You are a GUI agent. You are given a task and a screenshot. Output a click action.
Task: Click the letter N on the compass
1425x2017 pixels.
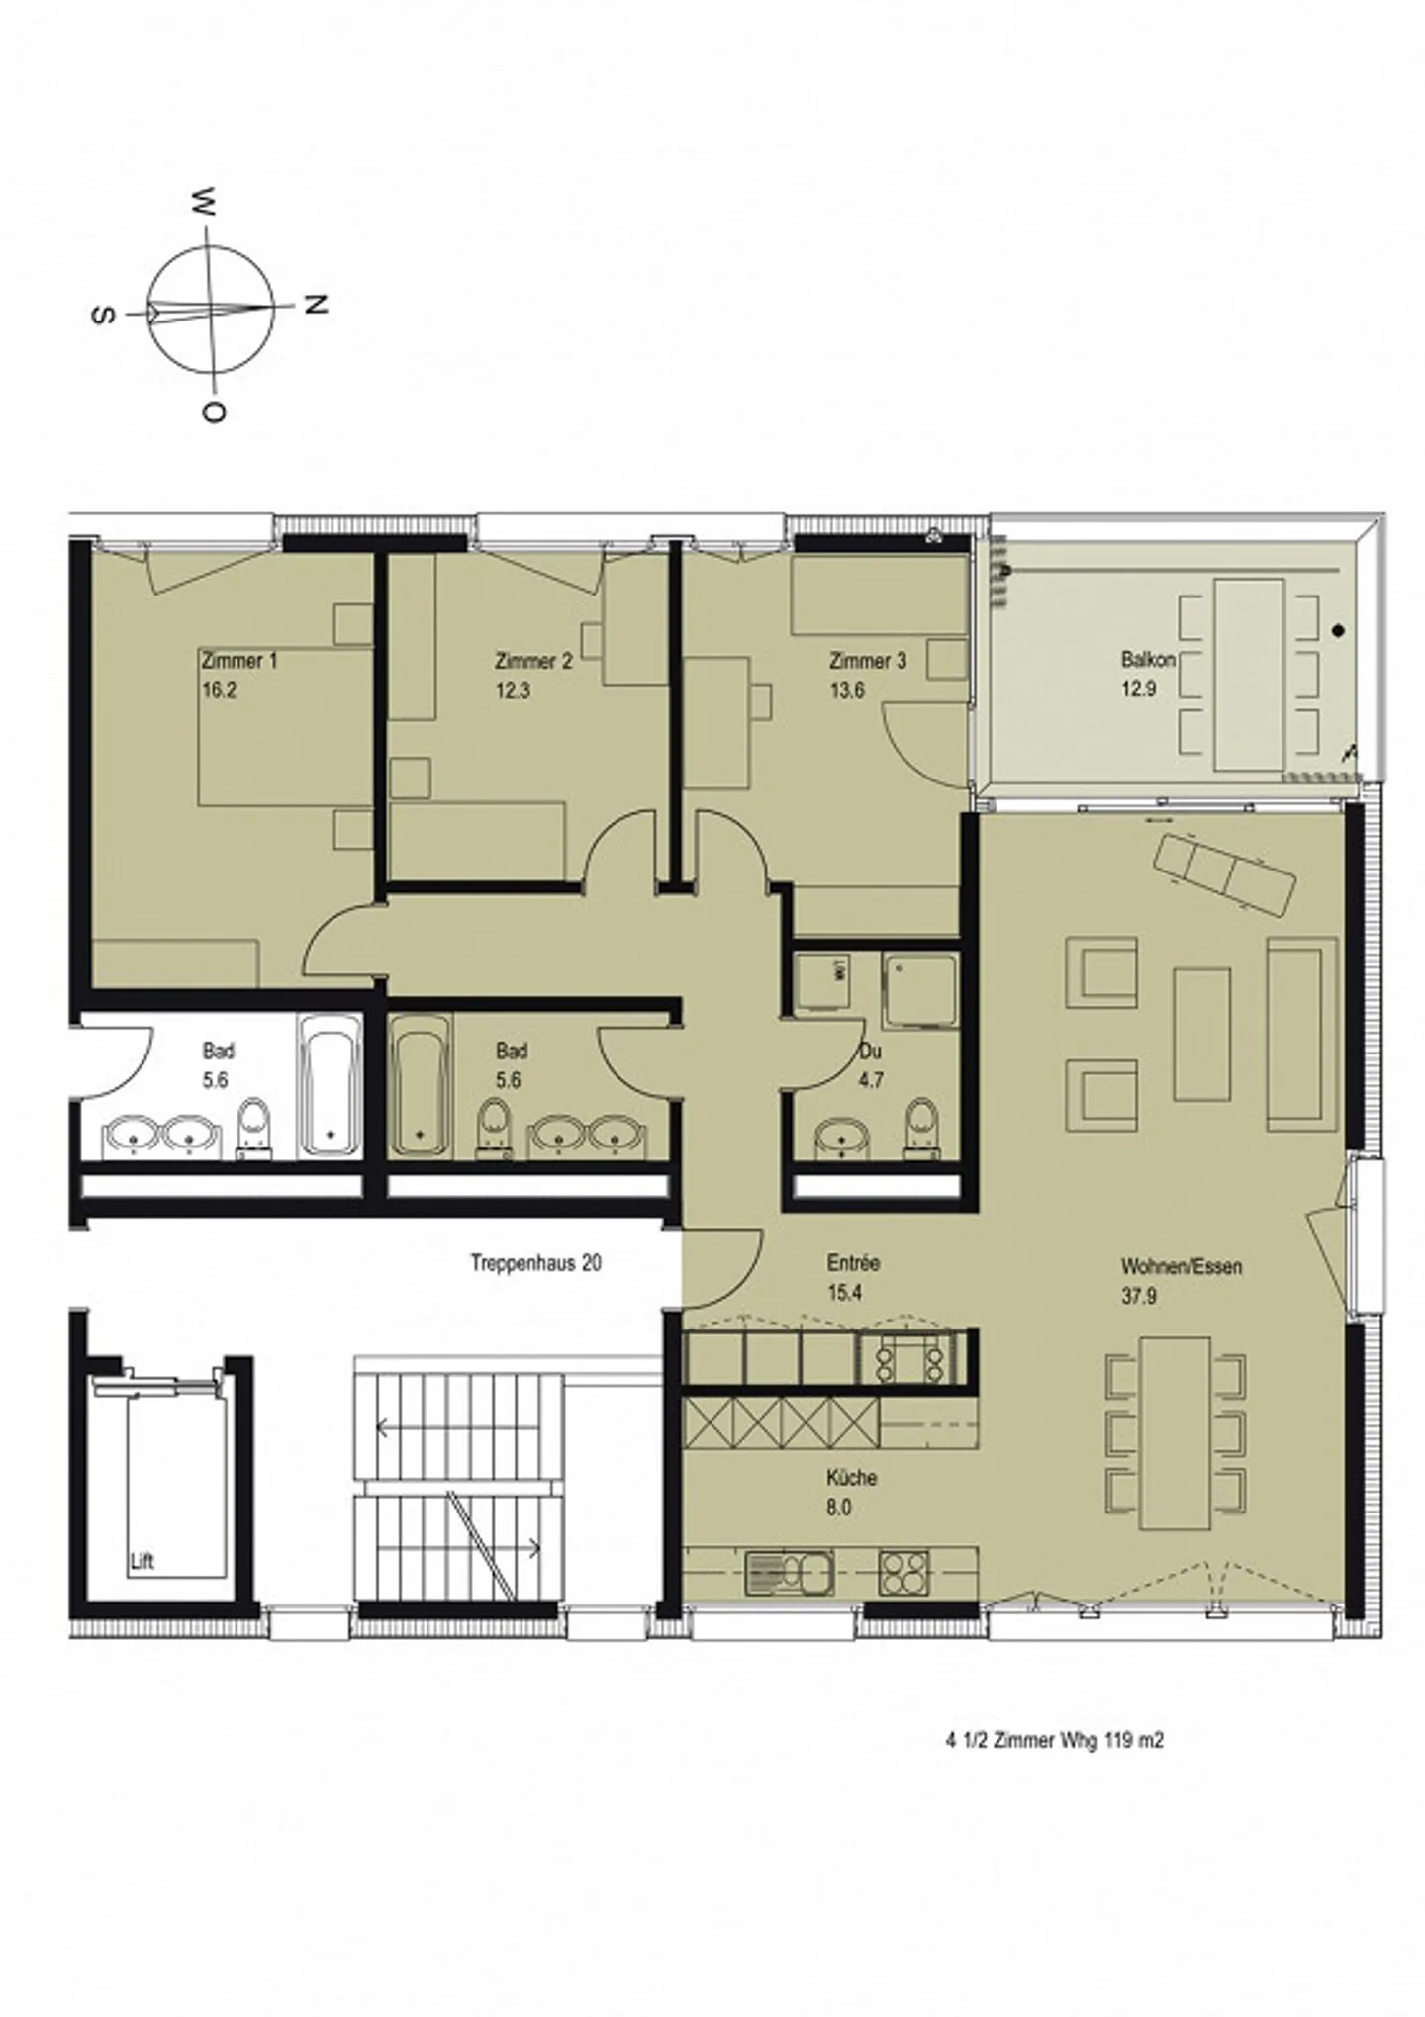pos(316,306)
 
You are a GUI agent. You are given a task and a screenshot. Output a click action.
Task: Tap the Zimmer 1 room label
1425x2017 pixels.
pos(238,661)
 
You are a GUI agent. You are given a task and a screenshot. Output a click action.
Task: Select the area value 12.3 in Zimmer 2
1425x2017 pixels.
pos(513,690)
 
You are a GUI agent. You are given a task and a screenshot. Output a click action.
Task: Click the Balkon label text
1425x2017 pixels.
pos(1148,659)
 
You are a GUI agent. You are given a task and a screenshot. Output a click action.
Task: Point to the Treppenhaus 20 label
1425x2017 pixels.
pos(535,1263)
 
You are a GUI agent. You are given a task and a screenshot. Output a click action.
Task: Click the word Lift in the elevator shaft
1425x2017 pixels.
pos(142,1563)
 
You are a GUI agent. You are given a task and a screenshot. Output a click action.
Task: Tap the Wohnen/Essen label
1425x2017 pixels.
pos(1181,1266)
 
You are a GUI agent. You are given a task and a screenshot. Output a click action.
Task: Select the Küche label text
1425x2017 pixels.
pos(852,1478)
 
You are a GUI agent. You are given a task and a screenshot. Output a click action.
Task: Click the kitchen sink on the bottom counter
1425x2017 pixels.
pos(789,1572)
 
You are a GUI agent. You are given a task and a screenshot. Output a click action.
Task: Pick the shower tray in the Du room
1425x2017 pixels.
pos(920,991)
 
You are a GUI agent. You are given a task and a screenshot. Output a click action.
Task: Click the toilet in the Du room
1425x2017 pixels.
pos(919,1125)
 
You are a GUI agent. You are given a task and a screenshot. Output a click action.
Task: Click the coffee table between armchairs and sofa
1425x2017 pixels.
pos(1202,1035)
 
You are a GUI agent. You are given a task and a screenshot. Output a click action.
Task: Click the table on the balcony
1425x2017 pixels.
pos(1249,675)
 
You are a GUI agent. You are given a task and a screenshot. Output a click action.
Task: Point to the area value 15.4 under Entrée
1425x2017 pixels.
pos(844,1293)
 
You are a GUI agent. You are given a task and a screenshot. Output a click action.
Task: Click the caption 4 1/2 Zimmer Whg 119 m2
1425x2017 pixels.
pos(1054,1768)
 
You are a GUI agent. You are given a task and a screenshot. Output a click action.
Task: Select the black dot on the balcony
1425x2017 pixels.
pos(1339,630)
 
